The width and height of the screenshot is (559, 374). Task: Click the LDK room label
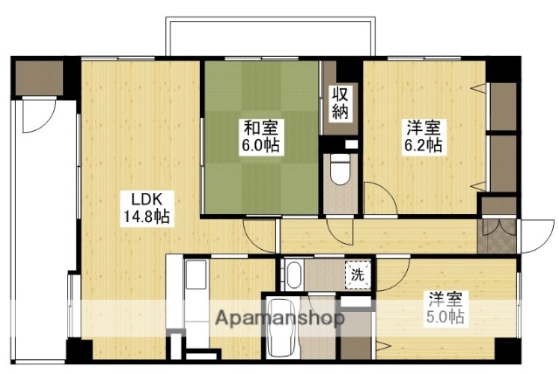[x=141, y=198]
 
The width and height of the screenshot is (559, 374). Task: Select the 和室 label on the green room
[x=261, y=128]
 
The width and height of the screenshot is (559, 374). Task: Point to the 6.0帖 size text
[x=261, y=146]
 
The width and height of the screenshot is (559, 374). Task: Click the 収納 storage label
[x=341, y=103]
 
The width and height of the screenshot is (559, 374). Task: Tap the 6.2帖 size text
[x=422, y=146]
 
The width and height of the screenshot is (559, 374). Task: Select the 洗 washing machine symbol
[x=357, y=274]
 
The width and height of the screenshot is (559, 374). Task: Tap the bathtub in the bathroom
[x=282, y=328]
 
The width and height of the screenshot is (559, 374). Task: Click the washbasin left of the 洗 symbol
[x=293, y=274]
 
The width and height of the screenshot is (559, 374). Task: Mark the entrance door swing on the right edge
[x=529, y=234]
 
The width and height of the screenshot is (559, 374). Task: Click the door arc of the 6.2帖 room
[x=378, y=197]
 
